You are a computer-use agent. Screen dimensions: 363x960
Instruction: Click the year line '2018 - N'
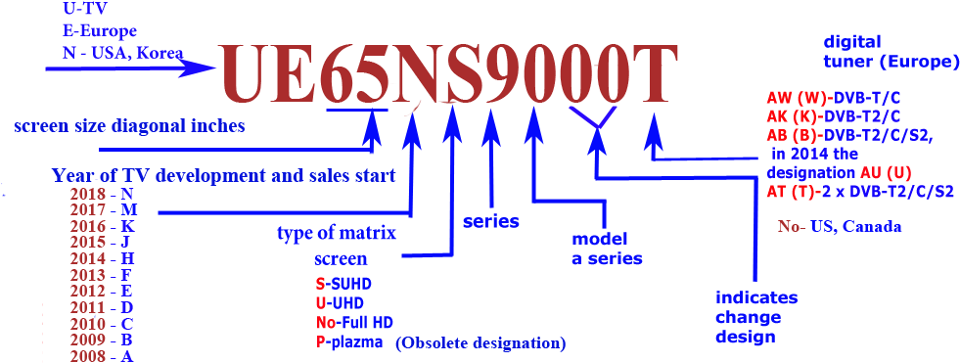tap(101, 194)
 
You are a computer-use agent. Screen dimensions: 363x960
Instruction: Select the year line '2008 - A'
tap(101, 355)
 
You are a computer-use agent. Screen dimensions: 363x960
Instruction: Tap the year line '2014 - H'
tap(101, 258)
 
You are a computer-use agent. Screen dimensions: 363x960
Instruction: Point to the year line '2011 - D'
tap(101, 306)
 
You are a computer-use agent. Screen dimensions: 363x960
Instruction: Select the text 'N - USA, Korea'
tap(121, 53)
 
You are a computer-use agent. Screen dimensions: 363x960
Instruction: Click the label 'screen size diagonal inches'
tap(129, 126)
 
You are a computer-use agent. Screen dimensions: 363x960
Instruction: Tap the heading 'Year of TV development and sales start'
tap(224, 176)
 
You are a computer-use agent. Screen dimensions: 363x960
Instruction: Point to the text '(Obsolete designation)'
tap(480, 343)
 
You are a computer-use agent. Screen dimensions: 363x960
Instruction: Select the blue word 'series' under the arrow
tap(491, 221)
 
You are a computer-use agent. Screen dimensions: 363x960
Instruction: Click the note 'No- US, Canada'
tap(840, 227)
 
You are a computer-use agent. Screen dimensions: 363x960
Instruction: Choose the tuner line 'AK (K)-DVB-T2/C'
tap(840, 116)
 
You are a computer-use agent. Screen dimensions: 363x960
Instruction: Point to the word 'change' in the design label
tap(748, 317)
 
